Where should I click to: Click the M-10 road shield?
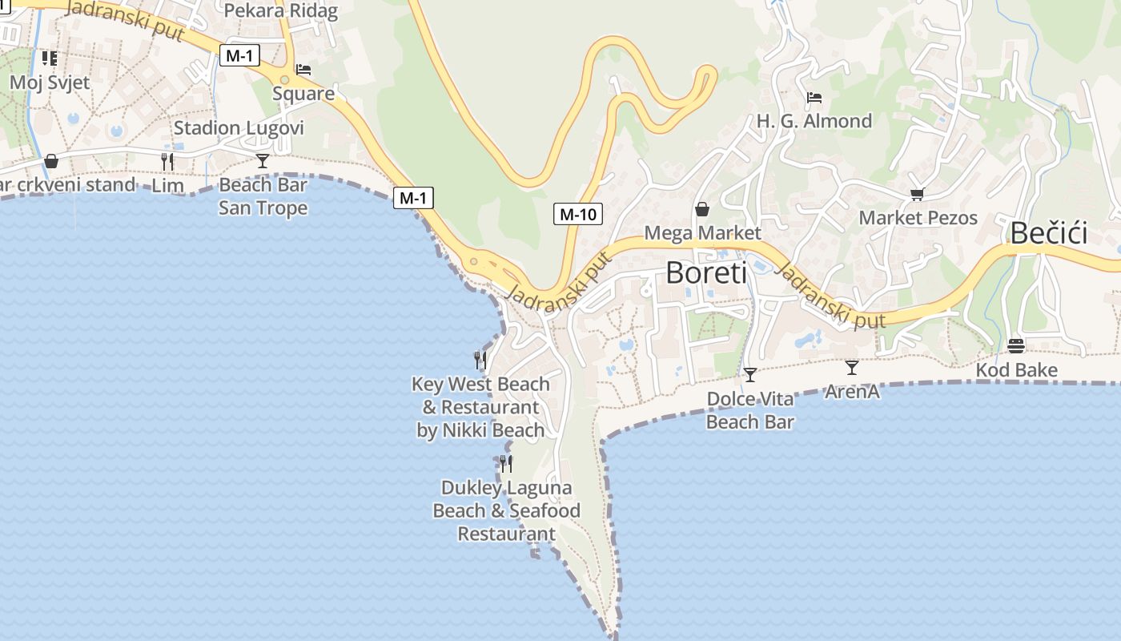(x=577, y=214)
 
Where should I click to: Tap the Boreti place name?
(x=705, y=273)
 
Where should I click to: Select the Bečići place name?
(x=1048, y=233)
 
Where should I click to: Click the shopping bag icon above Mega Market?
(x=702, y=210)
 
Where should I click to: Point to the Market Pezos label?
(x=918, y=218)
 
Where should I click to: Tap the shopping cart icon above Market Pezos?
(x=918, y=194)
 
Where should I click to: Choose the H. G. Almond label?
(x=814, y=122)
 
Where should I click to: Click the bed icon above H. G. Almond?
(x=814, y=98)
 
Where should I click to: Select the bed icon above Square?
(x=303, y=70)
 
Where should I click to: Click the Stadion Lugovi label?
(x=239, y=128)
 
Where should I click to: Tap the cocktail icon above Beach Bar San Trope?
(x=263, y=161)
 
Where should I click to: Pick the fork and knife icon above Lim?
(x=167, y=162)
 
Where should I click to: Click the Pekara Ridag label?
(x=280, y=11)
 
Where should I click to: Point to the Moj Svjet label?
(x=50, y=83)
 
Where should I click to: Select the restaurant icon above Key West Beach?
(x=480, y=361)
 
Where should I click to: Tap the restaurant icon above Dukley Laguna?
(x=506, y=464)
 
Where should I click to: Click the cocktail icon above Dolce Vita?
(x=749, y=375)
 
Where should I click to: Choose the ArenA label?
(x=852, y=392)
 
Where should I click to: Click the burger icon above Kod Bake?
(x=1016, y=346)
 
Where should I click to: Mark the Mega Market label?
(x=702, y=233)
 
